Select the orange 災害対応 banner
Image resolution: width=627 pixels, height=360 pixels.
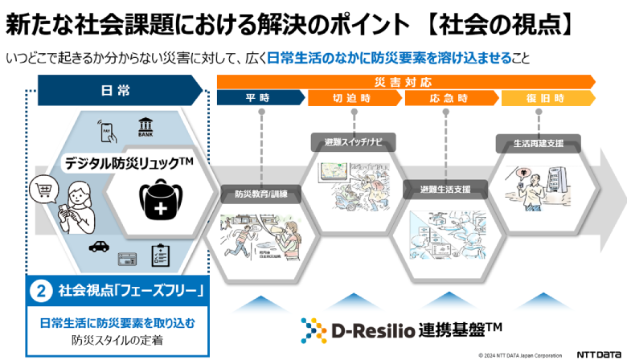(406, 82)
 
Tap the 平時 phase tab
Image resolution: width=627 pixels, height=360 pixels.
(261, 98)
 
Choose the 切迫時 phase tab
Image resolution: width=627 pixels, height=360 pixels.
(354, 98)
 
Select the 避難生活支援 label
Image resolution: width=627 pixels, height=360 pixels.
(445, 190)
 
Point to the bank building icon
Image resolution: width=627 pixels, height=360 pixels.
(147, 127)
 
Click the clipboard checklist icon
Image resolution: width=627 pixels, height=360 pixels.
(161, 256)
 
